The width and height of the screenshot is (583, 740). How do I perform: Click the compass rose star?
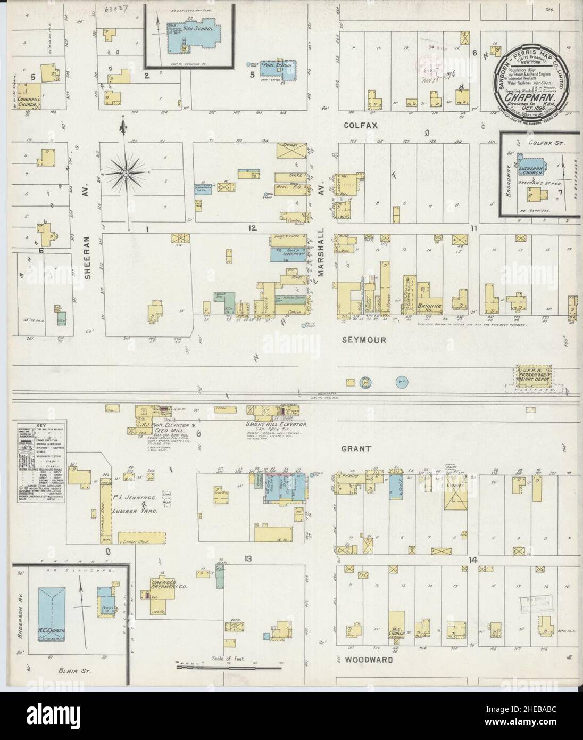point(126,173)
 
